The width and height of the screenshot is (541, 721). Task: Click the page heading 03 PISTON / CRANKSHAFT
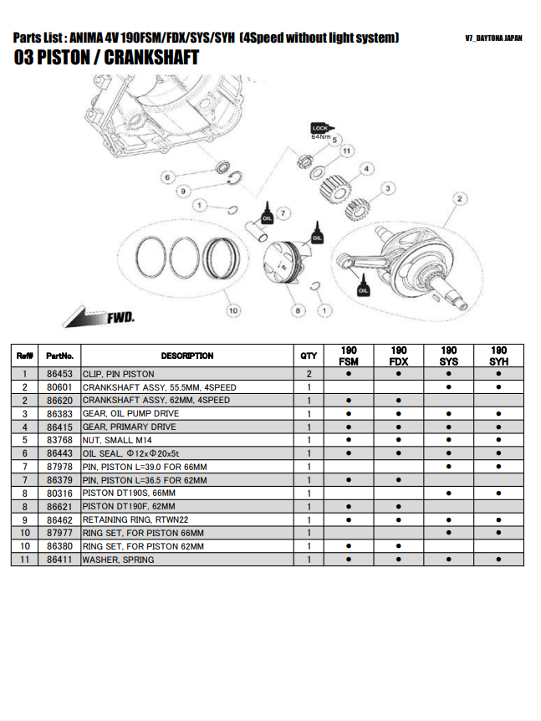pyautogui.click(x=107, y=58)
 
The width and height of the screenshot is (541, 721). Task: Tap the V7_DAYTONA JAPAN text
pyautogui.click(x=493, y=38)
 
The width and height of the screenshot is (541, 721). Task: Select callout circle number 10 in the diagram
pyautogui.click(x=232, y=310)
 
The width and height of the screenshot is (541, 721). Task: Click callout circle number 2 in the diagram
pyautogui.click(x=459, y=198)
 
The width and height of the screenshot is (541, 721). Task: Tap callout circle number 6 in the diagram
pyautogui.click(x=167, y=177)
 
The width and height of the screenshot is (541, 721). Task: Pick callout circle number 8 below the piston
pyautogui.click(x=297, y=310)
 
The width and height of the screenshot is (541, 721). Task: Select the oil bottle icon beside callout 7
pyautogui.click(x=267, y=212)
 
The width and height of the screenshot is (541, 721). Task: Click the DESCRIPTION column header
pyautogui.click(x=186, y=355)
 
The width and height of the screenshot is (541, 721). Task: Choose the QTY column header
pyautogui.click(x=309, y=355)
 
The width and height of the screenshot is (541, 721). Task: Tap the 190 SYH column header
pyautogui.click(x=498, y=355)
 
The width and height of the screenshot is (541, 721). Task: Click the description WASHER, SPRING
pyautogui.click(x=118, y=560)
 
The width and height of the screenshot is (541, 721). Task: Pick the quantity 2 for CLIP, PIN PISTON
pyautogui.click(x=309, y=374)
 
